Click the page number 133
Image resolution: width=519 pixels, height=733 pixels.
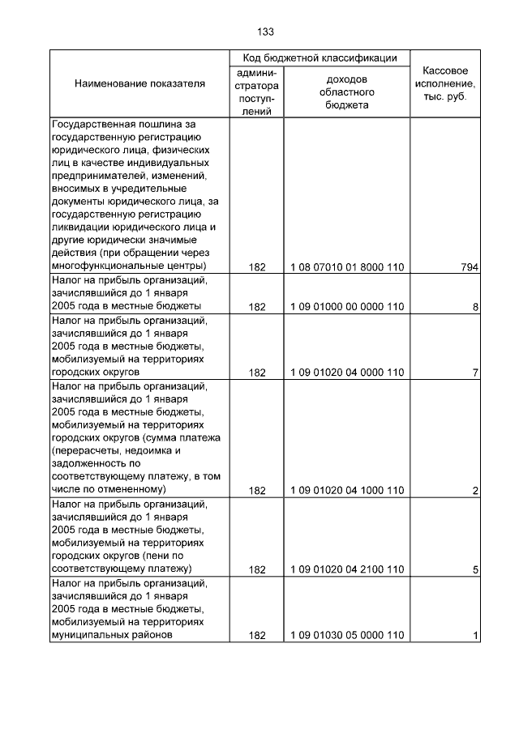coord(265,32)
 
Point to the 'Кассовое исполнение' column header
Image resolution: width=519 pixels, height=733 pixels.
coord(445,83)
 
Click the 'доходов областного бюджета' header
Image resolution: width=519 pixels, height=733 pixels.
coord(347,92)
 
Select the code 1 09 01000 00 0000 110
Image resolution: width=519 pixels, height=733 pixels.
coord(347,307)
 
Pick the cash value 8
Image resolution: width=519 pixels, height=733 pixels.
coord(475,307)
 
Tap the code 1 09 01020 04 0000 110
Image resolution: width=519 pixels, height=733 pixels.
coord(347,373)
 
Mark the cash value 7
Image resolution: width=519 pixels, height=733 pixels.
coord(475,373)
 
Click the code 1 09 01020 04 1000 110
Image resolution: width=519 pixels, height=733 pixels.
coord(347,490)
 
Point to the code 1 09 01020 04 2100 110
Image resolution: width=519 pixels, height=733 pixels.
coord(347,569)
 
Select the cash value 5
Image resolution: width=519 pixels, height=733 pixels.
coord(475,569)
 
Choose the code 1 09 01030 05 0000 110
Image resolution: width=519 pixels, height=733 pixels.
coord(347,635)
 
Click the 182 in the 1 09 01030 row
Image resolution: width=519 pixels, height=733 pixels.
coord(257,635)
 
